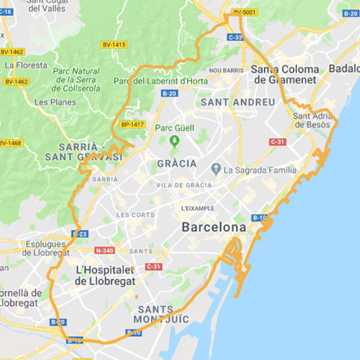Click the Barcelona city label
coord(214,228)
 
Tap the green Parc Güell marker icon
coord(175,142)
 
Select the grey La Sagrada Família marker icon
coord(217,170)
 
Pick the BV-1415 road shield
coord(113,44)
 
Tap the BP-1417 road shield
coord(133,125)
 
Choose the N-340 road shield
coord(104,250)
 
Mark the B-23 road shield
coord(81,234)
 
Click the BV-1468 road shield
coord(10,143)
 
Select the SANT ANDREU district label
coord(238,102)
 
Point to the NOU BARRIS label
coord(227,70)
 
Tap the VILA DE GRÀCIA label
coord(184,185)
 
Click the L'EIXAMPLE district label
coord(197,208)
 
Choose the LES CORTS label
coord(136,214)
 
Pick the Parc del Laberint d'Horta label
coord(161,81)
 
